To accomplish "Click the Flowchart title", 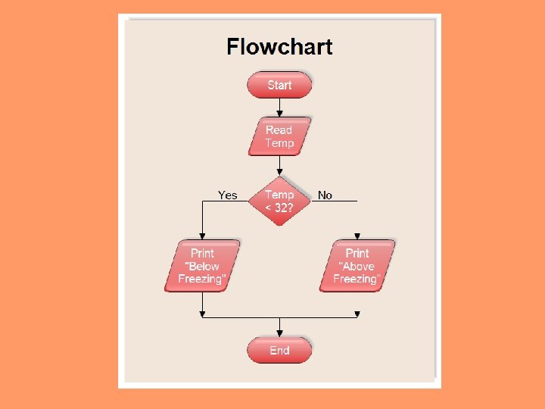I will (279, 47).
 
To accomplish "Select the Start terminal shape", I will (279, 85).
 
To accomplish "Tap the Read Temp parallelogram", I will (279, 136).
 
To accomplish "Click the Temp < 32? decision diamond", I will (279, 201).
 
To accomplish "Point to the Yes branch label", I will (227, 195).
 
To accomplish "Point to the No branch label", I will (325, 195).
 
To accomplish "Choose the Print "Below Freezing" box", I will (202, 266).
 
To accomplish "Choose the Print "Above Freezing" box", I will (357, 266).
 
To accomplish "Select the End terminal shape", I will (279, 350).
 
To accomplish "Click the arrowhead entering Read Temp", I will (279, 114).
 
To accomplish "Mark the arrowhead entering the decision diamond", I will (279, 173).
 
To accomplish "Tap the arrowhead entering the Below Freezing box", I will (202, 236).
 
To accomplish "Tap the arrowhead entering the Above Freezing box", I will (357, 236).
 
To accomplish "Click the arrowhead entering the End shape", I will (279, 333).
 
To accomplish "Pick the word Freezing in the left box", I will (201, 279).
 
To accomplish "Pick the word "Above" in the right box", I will (357, 266).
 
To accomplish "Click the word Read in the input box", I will (279, 130).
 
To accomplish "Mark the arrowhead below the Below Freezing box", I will (202, 314).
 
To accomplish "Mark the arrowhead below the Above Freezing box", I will (357, 314).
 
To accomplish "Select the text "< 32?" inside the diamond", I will (279, 208).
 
